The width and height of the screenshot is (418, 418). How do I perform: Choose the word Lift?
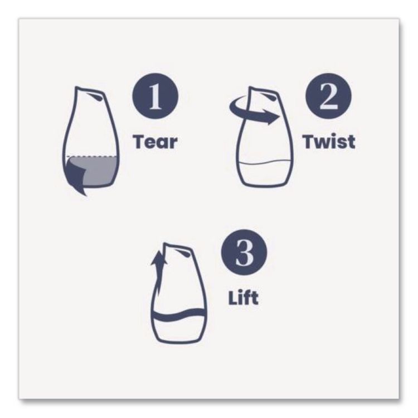click(243, 297)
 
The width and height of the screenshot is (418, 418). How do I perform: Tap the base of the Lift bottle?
click(179, 339)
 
